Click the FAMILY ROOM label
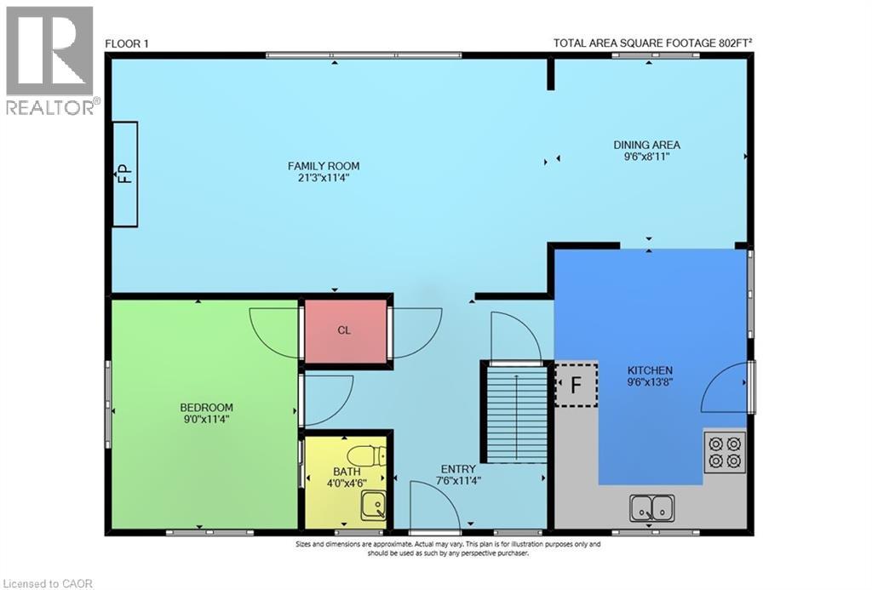323,166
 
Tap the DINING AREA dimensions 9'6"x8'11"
647,157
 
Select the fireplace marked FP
125,175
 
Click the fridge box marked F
576,384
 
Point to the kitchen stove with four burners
725,451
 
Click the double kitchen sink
651,508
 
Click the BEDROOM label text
206,408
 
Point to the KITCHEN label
650,370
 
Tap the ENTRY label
458,469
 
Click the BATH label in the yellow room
347,472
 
